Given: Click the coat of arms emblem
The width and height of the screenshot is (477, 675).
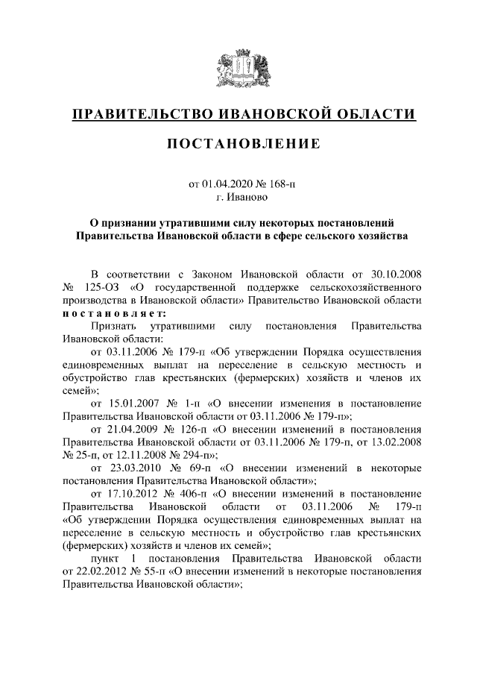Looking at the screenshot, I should (238, 66).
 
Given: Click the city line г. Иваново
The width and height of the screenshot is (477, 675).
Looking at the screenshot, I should (238, 198).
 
